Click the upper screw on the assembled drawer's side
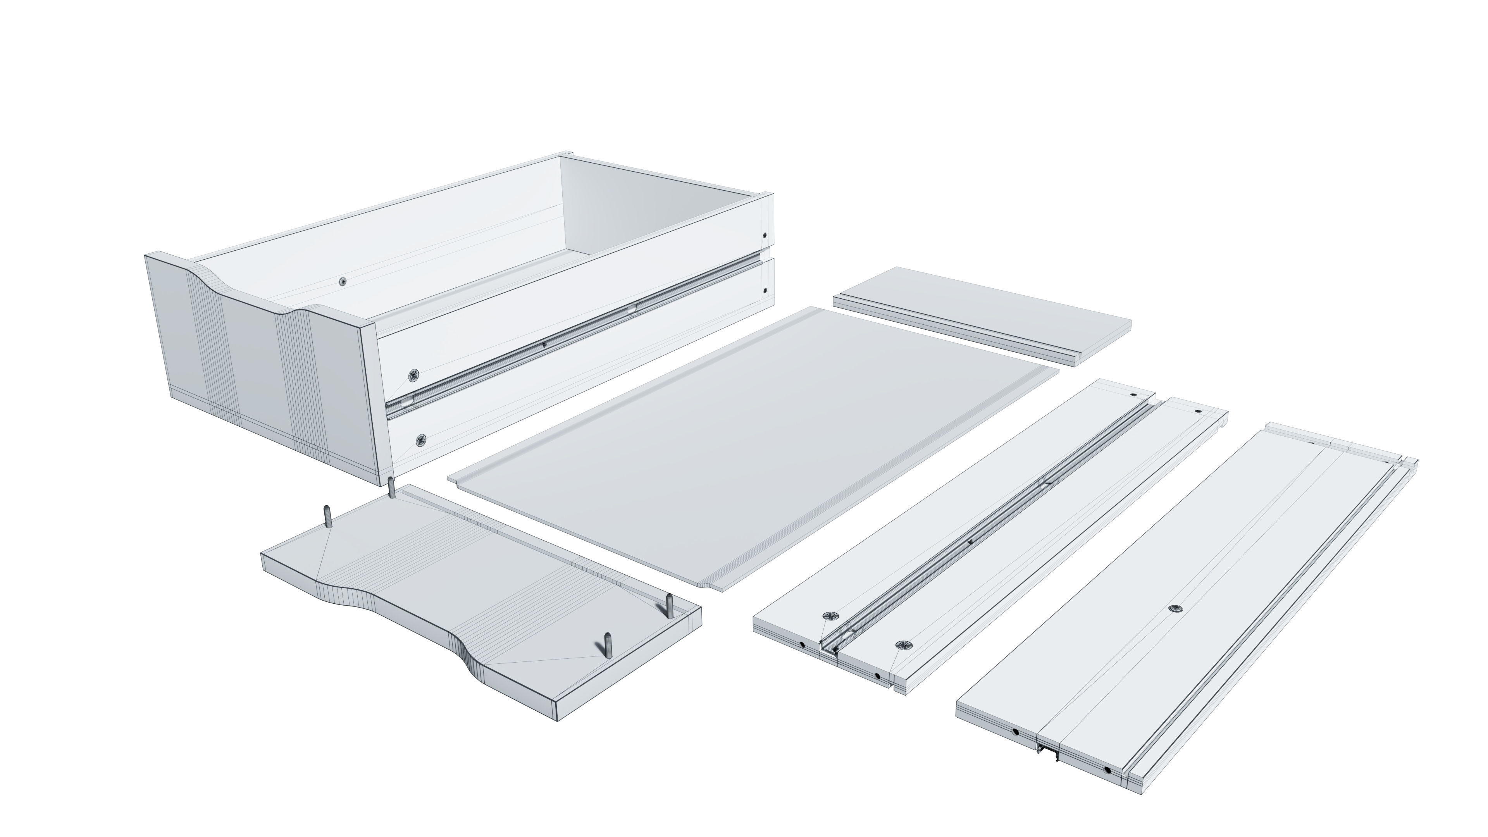[413, 375]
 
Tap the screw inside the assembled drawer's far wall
[343, 281]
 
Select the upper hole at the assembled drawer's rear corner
[765, 235]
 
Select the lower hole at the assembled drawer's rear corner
[765, 291]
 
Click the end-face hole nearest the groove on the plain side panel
[1107, 770]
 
